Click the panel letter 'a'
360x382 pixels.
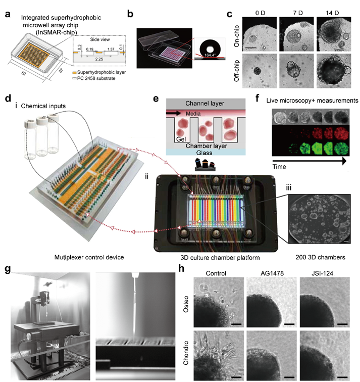(8, 14)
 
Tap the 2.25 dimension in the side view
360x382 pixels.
(99, 59)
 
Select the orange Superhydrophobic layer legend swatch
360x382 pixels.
(75, 73)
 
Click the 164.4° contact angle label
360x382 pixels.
(210, 55)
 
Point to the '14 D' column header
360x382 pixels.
(333, 13)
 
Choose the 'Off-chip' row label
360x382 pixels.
(237, 71)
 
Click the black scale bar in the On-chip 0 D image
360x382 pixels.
(250, 47)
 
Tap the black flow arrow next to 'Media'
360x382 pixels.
(174, 113)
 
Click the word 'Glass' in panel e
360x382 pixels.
(204, 153)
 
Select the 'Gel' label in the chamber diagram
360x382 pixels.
(181, 139)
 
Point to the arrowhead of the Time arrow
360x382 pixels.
(344, 161)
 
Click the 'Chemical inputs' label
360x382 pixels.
(43, 106)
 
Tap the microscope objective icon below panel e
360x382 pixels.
(205, 165)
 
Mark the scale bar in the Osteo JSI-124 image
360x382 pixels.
(342, 324)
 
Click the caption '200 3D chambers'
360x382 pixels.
(320, 257)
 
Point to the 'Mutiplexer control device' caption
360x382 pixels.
(89, 257)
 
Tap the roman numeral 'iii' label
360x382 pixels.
(289, 187)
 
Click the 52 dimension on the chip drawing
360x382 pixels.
(24, 73)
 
